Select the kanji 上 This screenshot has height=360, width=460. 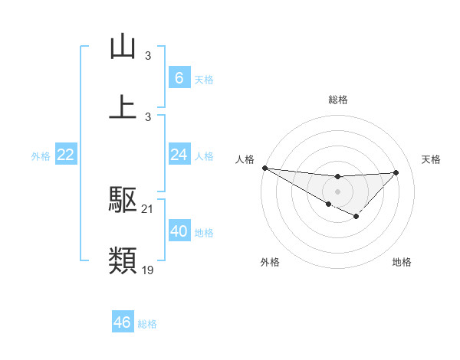(x=123, y=106)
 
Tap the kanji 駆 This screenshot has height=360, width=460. (x=123, y=200)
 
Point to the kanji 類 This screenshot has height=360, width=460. (x=123, y=261)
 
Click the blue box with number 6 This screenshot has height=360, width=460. (x=179, y=77)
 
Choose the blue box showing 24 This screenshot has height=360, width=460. (x=179, y=155)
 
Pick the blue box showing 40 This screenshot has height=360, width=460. (x=179, y=231)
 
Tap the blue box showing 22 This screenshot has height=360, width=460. (x=66, y=155)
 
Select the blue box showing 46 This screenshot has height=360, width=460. (x=123, y=322)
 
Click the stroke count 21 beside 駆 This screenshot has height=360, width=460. (x=148, y=209)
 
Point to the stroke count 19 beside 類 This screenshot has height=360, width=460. (x=148, y=270)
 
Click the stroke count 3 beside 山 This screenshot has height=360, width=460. (x=148, y=55)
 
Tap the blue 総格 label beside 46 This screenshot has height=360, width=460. (x=147, y=324)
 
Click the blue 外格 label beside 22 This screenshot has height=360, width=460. (x=41, y=156)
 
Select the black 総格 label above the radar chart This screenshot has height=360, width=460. (x=337, y=100)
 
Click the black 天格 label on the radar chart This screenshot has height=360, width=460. (x=431, y=159)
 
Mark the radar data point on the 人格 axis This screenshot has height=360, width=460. (x=264, y=168)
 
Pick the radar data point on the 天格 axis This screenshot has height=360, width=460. (x=396, y=172)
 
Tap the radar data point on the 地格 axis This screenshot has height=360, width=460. (x=356, y=217)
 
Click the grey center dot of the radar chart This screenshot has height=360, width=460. (x=337, y=191)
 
